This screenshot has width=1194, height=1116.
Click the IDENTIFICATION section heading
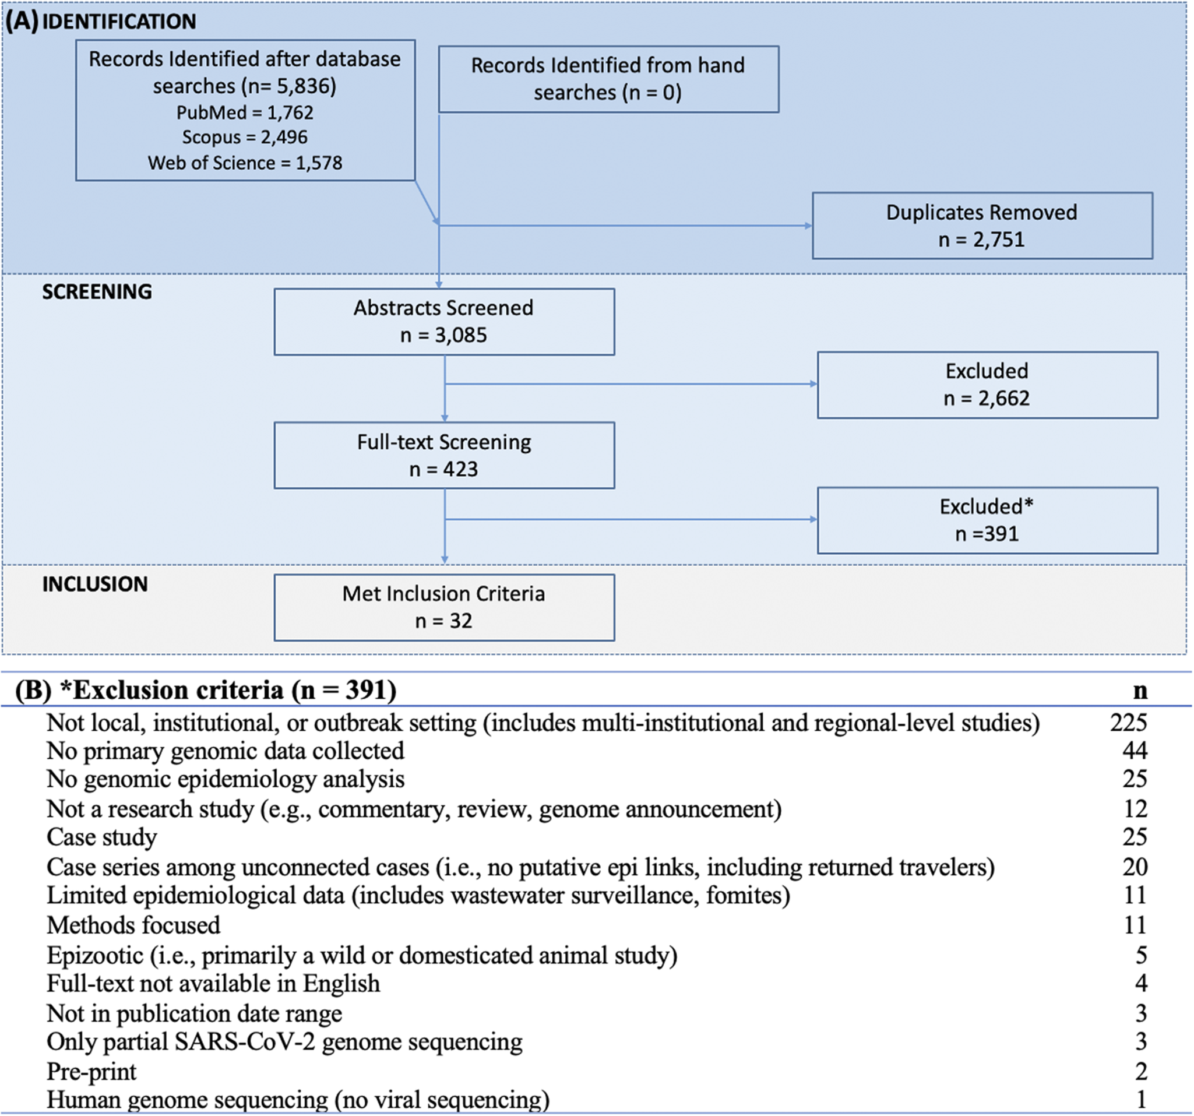(119, 22)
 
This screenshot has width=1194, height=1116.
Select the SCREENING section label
(97, 291)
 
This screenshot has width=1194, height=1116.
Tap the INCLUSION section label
(95, 584)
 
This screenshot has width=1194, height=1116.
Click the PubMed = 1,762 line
(245, 112)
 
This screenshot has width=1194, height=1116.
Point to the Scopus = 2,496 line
(245, 137)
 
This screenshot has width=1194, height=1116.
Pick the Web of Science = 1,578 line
(245, 163)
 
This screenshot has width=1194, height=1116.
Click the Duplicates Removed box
(982, 226)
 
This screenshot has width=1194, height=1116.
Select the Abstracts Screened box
(445, 322)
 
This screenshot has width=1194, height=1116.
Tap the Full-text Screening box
(445, 455)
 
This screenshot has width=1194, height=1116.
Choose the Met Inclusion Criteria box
(445, 608)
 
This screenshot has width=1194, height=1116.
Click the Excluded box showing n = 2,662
(987, 385)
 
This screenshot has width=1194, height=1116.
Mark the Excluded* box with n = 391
(987, 520)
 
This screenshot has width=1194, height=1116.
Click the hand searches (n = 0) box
(609, 79)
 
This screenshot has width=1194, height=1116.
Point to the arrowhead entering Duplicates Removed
(808, 226)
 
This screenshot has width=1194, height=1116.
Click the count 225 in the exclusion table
(1129, 723)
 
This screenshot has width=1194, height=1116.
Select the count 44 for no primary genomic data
(1135, 751)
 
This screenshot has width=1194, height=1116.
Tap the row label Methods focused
(133, 925)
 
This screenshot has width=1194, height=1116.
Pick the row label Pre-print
(91, 1072)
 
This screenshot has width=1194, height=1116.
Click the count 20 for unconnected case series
(1135, 867)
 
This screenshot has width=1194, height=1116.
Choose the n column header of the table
(1140, 691)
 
